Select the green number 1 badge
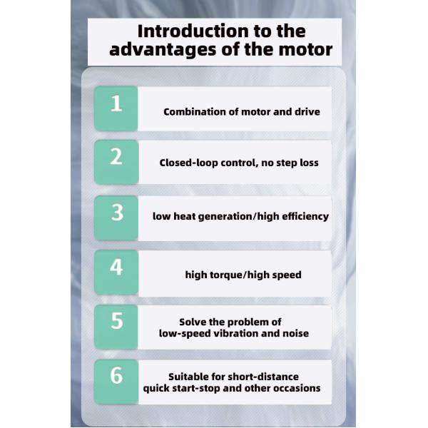[116, 108]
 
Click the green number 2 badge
[116, 162]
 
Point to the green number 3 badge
[116, 218]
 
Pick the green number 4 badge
[116, 272]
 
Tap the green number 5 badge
[116, 327]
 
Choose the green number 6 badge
[116, 382]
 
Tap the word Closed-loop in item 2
[188, 163]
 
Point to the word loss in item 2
[309, 163]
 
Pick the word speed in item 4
[287, 275]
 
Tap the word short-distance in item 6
[263, 377]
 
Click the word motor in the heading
[305, 50]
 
